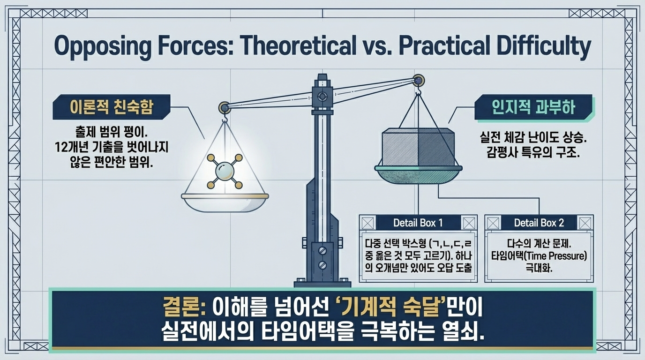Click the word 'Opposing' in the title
(102, 46)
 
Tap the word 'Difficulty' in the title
(544, 46)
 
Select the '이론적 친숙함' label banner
(112, 107)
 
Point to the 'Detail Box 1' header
(418, 223)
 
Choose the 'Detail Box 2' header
(539, 223)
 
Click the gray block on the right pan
(419, 147)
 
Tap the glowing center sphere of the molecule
(225, 171)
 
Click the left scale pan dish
(225, 203)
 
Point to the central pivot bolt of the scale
(322, 96)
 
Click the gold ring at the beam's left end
(225, 108)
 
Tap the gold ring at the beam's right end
(418, 81)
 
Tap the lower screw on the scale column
(322, 265)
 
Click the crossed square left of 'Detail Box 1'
(367, 223)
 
